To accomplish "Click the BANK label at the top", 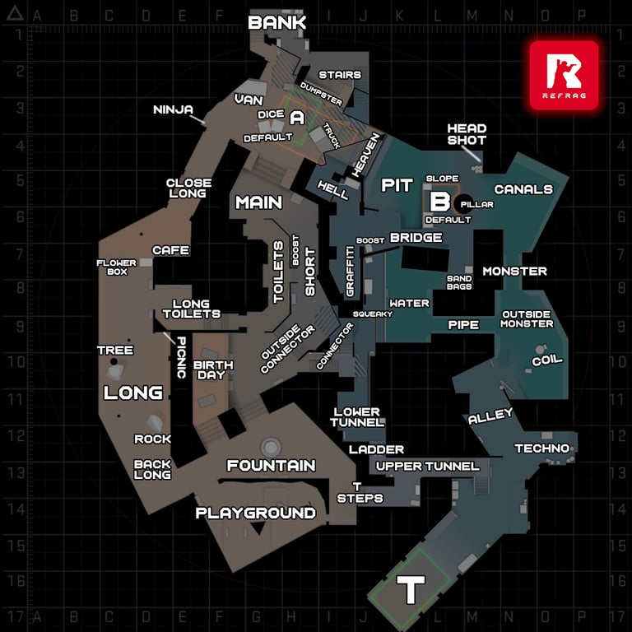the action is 276,22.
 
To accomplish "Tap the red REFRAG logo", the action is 564,76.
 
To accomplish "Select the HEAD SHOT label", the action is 467,134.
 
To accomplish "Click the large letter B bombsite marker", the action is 439,202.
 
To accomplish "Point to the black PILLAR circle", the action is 464,204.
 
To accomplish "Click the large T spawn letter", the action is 411,589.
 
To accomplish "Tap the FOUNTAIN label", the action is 272,466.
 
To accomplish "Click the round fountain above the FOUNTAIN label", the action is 271,447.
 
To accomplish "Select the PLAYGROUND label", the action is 256,513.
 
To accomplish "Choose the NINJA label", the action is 173,109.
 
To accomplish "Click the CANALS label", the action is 523,189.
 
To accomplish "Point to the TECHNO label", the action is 542,448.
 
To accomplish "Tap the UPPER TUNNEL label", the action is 428,467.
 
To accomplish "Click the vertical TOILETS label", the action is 278,272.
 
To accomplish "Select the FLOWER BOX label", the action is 117,267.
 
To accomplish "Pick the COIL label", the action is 547,360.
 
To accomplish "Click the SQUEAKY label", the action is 373,314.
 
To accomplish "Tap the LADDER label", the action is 376,449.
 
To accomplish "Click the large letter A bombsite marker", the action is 297,118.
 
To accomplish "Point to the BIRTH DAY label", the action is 213,370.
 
